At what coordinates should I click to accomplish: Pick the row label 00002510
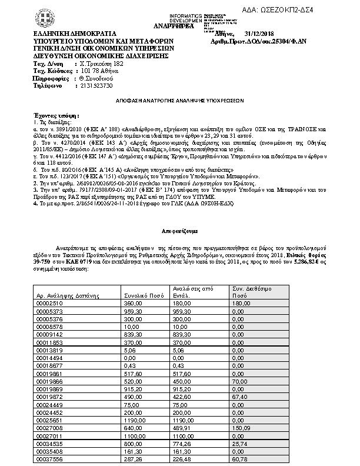[50, 302]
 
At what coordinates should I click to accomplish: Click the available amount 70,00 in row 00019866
[239, 381]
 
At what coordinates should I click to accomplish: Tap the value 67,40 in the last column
[239, 397]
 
